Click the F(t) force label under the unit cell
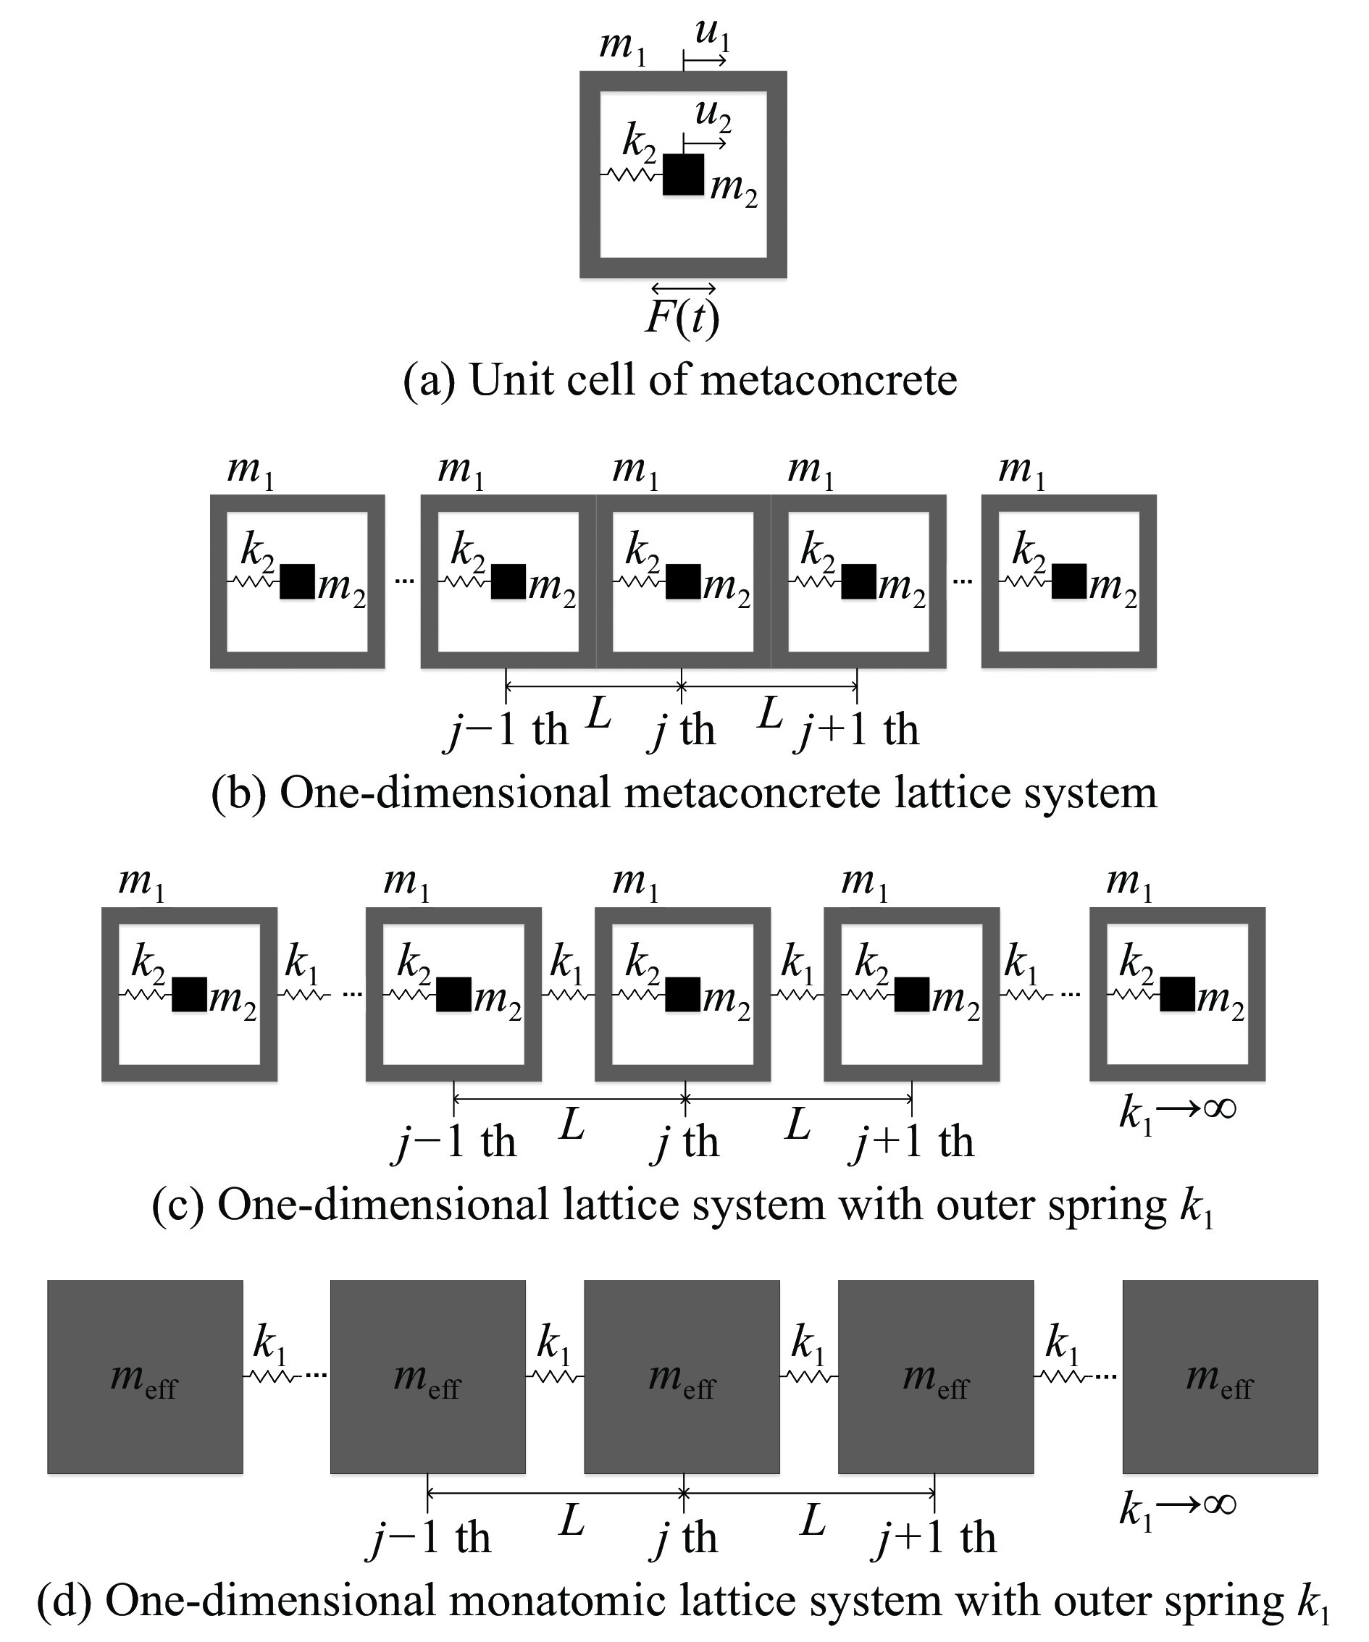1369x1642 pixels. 682,316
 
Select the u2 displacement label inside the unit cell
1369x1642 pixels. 713,115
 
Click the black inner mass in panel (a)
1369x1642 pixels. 684,174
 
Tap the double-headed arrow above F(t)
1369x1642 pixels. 683,289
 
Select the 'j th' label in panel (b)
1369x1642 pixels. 682,731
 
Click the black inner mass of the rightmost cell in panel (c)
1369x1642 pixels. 1177,995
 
